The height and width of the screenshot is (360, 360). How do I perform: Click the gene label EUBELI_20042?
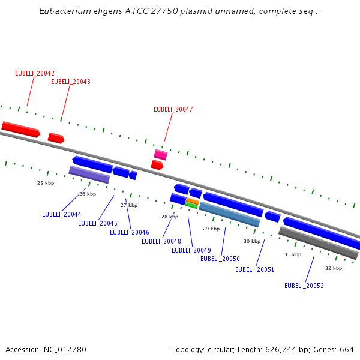pyautogui.click(x=35, y=73)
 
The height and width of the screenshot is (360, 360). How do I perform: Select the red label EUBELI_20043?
pyautogui.click(x=71, y=82)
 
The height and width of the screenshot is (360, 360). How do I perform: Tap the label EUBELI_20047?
pyautogui.click(x=173, y=109)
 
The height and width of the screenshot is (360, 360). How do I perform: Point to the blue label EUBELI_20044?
pyautogui.click(x=62, y=214)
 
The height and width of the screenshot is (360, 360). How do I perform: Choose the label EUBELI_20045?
pyautogui.click(x=98, y=223)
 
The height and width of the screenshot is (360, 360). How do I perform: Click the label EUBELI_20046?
pyautogui.click(x=130, y=232)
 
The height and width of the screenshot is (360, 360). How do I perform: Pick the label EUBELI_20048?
pyautogui.click(x=161, y=241)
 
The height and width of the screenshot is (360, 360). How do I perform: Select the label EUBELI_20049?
pyautogui.click(x=191, y=250)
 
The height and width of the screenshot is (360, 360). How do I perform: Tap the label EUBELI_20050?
pyautogui.click(x=220, y=259)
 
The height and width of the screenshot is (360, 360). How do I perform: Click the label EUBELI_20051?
pyautogui.click(x=255, y=269)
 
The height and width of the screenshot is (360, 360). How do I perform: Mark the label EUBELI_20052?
pyautogui.click(x=304, y=286)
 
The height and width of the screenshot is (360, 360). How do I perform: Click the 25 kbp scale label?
pyautogui.click(x=46, y=183)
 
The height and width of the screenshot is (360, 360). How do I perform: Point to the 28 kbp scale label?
pyautogui.click(x=170, y=217)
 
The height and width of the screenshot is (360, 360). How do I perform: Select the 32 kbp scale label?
pyautogui.click(x=334, y=268)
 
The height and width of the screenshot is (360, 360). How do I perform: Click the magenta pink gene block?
pyautogui.click(x=160, y=155)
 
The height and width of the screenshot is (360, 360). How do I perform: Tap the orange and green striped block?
pyautogui.click(x=192, y=203)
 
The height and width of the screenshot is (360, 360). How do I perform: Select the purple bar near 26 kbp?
pyautogui.click(x=89, y=175)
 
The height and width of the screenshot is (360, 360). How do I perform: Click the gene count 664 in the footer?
pyautogui.click(x=347, y=349)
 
